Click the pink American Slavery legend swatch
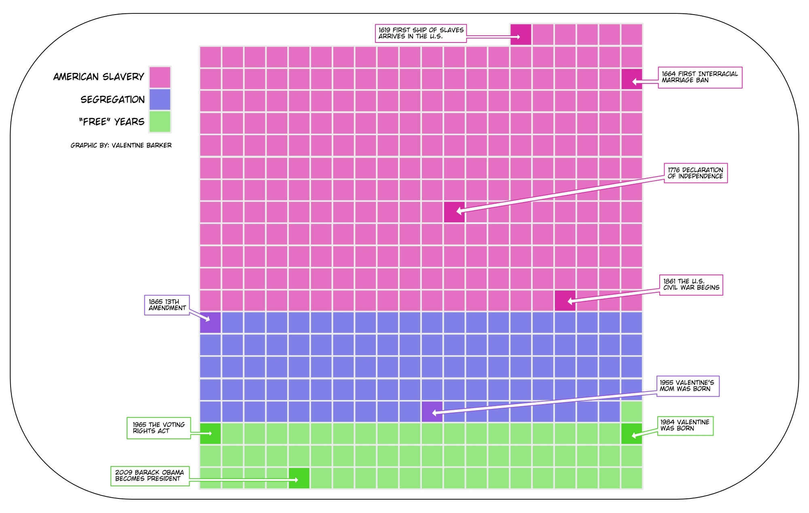(x=160, y=77)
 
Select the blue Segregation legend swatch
(x=160, y=100)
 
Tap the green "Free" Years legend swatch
(x=160, y=122)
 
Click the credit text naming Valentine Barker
(x=121, y=145)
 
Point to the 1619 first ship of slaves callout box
(x=421, y=33)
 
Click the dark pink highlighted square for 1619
(x=521, y=34)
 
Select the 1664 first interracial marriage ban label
(x=700, y=77)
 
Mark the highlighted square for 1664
(x=631, y=79)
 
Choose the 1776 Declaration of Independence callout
(x=695, y=173)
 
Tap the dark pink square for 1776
(x=454, y=212)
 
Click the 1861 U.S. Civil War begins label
(x=691, y=285)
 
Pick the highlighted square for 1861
(x=565, y=301)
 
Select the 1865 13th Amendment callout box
(x=167, y=305)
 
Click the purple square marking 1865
(x=210, y=323)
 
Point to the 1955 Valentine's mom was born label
(x=687, y=386)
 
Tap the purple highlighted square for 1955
(x=432, y=412)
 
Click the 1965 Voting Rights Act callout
(x=159, y=428)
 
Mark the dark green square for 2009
(x=299, y=478)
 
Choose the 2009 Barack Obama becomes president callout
(x=150, y=476)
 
